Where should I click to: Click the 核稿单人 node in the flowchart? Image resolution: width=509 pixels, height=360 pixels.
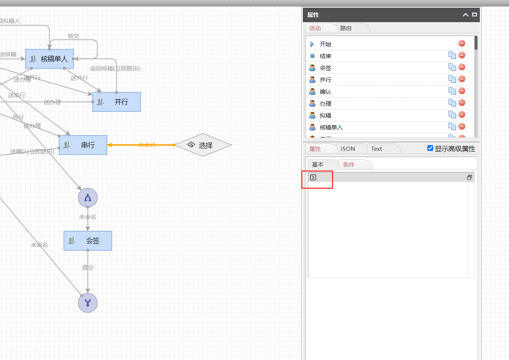49,59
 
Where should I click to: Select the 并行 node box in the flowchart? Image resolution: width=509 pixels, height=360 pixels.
117,102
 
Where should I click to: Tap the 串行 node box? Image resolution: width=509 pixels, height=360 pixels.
83,145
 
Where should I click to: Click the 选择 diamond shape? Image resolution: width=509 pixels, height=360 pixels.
203,145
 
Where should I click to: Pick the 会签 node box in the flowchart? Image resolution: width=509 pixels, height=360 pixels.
88,241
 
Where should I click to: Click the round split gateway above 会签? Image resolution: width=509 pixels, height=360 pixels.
88,198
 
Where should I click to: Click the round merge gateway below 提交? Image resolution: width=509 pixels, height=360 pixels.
88,303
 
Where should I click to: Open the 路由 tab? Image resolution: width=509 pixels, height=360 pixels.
346,28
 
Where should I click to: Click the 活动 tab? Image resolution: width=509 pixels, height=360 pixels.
315,28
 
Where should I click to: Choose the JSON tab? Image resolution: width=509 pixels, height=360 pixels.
348,149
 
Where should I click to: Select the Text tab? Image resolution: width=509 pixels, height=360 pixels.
376,149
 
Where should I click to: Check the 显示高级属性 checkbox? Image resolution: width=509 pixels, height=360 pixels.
430,148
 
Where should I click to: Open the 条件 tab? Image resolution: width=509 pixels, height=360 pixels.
349,165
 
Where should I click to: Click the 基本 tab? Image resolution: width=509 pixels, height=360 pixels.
318,165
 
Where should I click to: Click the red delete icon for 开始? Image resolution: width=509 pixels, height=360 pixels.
462,43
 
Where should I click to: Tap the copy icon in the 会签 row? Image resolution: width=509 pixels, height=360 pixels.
452,67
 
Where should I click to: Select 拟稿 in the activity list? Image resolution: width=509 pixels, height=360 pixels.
325,116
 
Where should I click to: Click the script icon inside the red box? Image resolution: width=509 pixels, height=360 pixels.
313,177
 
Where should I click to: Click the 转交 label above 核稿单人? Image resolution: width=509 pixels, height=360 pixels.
73,36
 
